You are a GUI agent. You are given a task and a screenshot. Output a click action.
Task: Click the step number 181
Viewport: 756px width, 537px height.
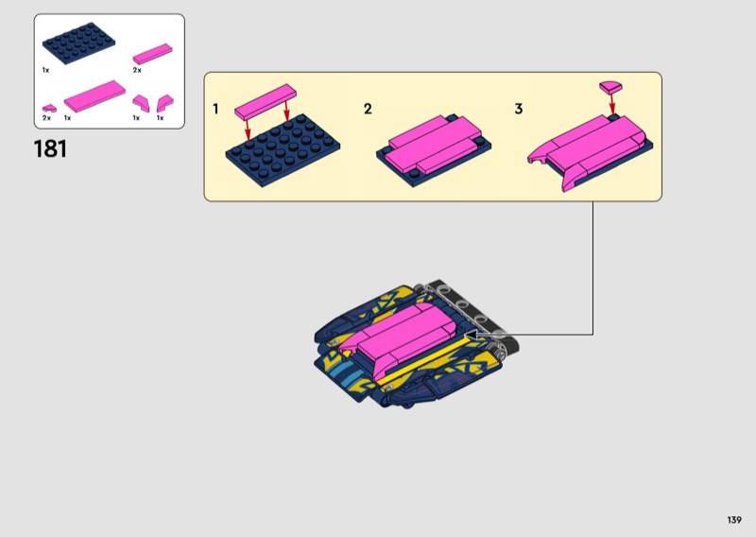[50, 148]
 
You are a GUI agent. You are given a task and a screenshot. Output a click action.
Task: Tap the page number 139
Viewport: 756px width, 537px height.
[734, 520]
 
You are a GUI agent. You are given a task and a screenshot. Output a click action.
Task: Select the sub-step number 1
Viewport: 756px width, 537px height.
[215, 109]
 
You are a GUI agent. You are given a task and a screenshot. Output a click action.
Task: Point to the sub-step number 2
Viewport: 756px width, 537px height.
[368, 109]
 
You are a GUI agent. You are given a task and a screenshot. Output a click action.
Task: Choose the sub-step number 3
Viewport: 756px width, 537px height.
[519, 109]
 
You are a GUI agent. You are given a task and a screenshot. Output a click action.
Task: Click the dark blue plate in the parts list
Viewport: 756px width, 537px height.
[79, 43]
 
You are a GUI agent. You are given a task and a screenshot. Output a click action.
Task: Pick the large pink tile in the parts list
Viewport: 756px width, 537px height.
[94, 96]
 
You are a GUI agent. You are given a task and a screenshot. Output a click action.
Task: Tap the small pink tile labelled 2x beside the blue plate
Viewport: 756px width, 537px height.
[152, 54]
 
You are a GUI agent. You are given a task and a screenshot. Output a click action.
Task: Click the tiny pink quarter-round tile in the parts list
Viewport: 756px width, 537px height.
[49, 108]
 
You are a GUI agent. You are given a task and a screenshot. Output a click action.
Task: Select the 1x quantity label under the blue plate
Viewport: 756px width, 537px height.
[45, 70]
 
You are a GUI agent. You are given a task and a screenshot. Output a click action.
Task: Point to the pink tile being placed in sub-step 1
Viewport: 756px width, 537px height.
[266, 102]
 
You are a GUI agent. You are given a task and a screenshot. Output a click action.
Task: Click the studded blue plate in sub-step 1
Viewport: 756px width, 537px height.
[283, 150]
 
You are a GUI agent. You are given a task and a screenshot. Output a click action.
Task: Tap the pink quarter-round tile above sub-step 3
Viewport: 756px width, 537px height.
[610, 87]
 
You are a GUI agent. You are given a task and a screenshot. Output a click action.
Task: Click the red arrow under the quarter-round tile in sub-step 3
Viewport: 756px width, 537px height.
[612, 105]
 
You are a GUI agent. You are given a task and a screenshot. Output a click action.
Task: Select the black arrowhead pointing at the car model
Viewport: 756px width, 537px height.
[470, 334]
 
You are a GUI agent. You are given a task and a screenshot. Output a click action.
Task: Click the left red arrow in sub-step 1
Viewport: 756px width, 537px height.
[248, 130]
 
